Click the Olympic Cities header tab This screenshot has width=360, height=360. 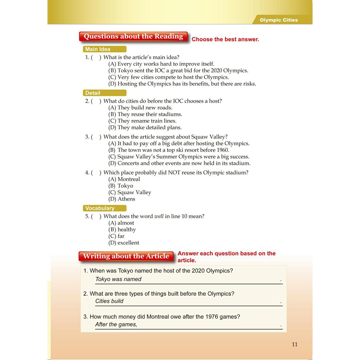click(278, 20)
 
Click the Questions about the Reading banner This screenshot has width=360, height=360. click(133, 37)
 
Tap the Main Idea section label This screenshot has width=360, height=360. click(98, 49)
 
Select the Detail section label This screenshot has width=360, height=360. click(93, 93)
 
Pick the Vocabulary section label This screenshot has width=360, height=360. click(100, 208)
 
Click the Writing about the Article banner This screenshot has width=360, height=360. click(126, 256)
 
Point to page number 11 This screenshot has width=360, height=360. click(295, 344)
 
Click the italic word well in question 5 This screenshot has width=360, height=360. click(159, 217)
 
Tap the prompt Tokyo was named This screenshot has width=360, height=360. click(118, 279)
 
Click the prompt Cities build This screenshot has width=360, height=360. click(109, 301)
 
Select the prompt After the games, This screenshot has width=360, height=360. click(116, 324)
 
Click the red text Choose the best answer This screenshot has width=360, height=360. click(225, 39)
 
